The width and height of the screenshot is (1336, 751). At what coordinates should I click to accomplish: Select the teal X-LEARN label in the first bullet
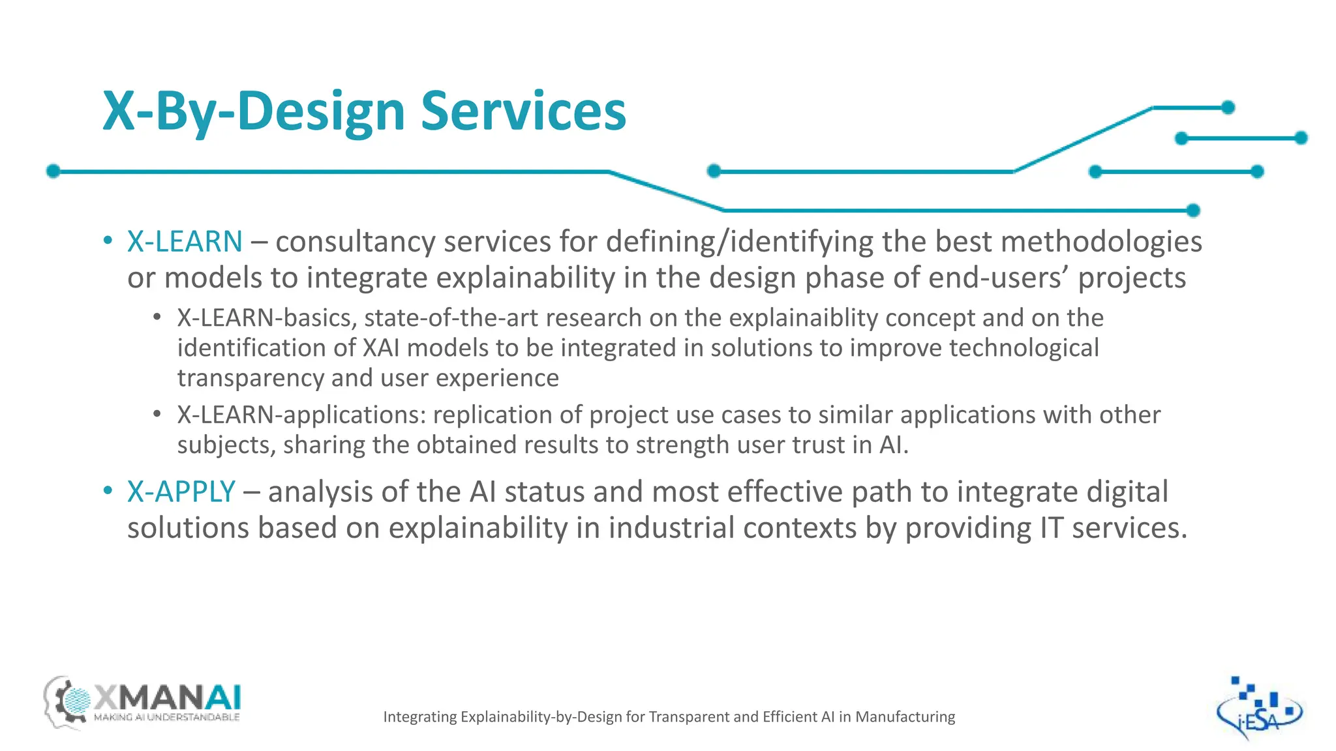pyautogui.click(x=185, y=241)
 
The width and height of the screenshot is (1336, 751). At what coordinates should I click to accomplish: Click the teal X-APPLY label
pyautogui.click(x=181, y=492)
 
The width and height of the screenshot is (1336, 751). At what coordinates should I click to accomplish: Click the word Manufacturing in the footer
pyautogui.click(x=905, y=717)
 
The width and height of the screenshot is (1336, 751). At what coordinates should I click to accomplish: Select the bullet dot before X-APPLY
pyautogui.click(x=108, y=491)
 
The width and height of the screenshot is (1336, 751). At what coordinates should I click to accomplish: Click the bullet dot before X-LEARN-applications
pyautogui.click(x=157, y=414)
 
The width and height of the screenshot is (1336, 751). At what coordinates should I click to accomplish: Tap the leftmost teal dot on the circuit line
pyautogui.click(x=53, y=171)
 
